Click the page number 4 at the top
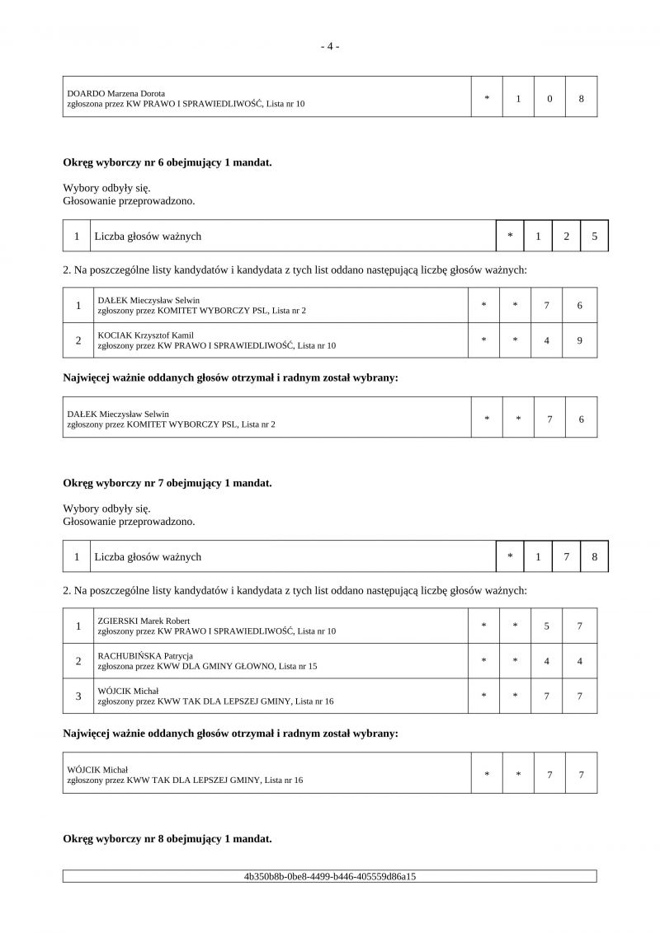click(x=330, y=46)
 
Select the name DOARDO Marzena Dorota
click(x=115, y=93)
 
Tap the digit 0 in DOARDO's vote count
click(x=549, y=99)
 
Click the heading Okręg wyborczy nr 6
click(x=167, y=162)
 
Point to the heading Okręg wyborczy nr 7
click(x=167, y=483)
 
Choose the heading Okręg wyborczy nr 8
click(x=167, y=839)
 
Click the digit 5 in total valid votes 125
click(x=594, y=237)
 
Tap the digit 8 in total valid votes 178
click(x=594, y=557)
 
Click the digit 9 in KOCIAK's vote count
click(x=580, y=340)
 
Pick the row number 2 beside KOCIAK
click(x=78, y=340)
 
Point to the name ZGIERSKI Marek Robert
click(x=144, y=621)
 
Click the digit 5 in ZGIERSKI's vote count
click(x=547, y=626)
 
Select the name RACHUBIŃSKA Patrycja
click(x=139, y=655)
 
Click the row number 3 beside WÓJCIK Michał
click(x=78, y=696)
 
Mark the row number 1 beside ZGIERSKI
click(x=78, y=626)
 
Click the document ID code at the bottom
click(x=330, y=876)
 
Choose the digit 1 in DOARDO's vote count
click(x=518, y=99)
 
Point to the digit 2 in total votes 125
click(x=566, y=237)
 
